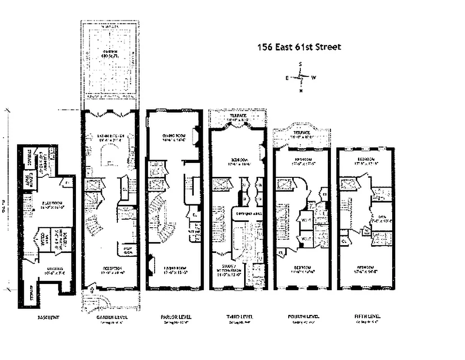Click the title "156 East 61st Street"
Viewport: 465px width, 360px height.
[x=299, y=47]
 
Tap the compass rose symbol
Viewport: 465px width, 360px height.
[x=300, y=77]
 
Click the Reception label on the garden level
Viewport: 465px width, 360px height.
[x=109, y=270]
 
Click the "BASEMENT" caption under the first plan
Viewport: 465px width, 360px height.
[x=49, y=317]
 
